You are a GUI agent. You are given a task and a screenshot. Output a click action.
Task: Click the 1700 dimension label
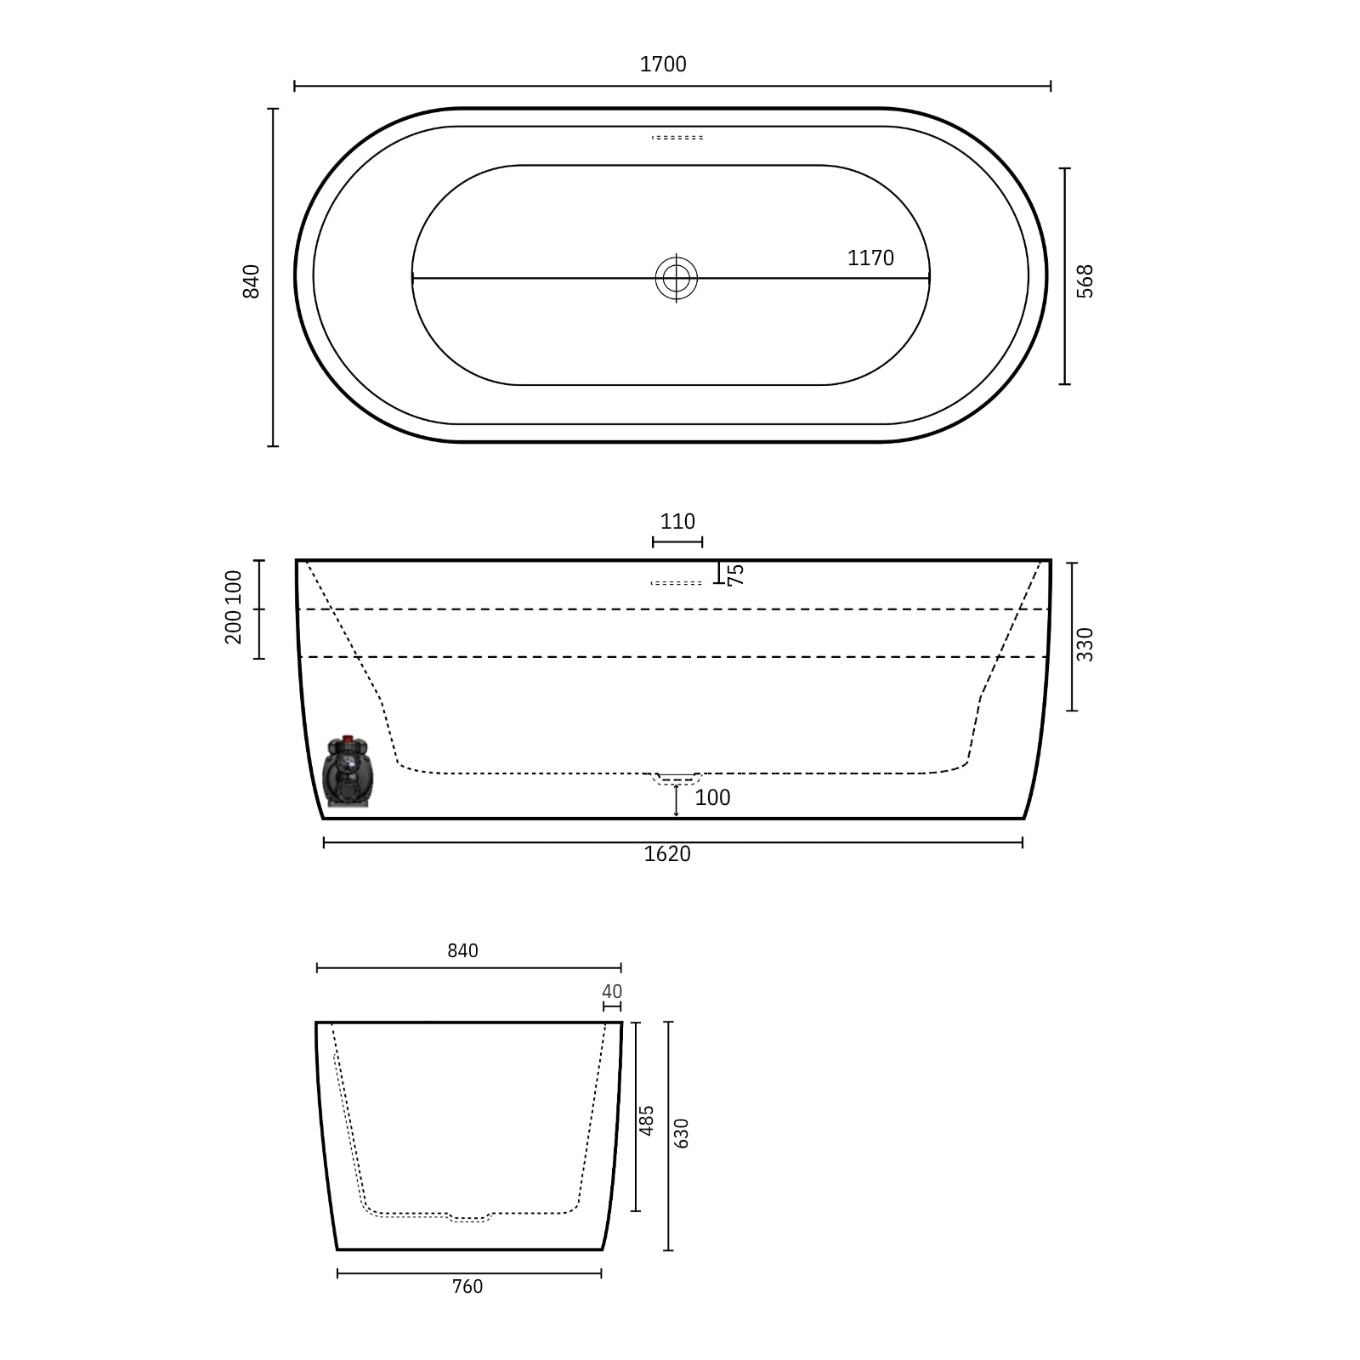(x=662, y=65)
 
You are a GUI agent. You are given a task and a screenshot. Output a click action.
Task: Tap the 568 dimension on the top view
(x=1085, y=280)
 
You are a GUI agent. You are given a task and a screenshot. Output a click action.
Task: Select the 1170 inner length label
(x=870, y=258)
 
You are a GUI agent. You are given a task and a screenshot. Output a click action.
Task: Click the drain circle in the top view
(x=676, y=278)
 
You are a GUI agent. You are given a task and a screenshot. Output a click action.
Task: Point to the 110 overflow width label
(x=677, y=521)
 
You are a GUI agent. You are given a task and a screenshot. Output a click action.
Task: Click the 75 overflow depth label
(x=736, y=574)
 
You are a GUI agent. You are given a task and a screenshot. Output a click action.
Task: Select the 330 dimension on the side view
(x=1085, y=644)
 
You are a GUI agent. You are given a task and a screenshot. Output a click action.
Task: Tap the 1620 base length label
(x=667, y=854)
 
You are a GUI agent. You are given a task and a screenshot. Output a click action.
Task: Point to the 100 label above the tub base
(x=712, y=797)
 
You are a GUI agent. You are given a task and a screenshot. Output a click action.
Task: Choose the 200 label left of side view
(x=234, y=627)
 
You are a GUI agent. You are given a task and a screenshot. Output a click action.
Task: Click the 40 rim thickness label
(x=612, y=991)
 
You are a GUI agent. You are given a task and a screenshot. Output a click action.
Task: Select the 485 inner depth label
(x=647, y=1120)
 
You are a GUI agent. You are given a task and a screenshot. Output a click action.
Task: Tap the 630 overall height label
(x=682, y=1133)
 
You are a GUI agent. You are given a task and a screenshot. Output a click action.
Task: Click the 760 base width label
(x=467, y=1287)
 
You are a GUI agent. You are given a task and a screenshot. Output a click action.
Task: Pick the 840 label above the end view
(x=462, y=951)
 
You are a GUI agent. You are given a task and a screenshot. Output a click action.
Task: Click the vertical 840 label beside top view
(x=252, y=280)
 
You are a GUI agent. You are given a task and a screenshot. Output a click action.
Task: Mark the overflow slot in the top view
(x=677, y=138)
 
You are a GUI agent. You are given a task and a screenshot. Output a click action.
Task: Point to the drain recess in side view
(x=677, y=779)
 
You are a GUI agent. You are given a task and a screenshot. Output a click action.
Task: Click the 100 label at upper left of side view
(x=234, y=586)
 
